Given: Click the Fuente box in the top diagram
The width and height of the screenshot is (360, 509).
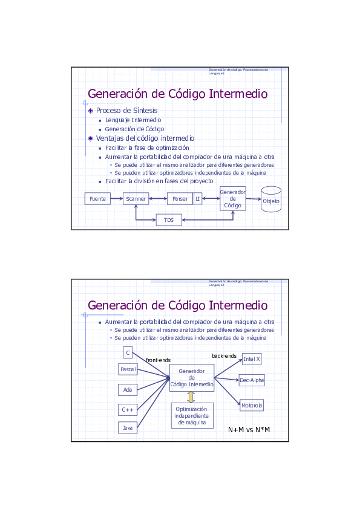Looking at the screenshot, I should [x=97, y=198].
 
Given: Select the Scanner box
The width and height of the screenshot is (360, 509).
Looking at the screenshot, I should [x=136, y=198].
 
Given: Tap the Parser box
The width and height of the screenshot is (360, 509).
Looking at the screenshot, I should [x=180, y=198].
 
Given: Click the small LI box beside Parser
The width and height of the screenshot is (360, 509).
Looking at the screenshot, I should [x=197, y=198].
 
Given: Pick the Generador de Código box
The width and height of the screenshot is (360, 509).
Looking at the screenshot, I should [x=232, y=198].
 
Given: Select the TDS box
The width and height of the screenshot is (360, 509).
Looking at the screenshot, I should [x=169, y=220].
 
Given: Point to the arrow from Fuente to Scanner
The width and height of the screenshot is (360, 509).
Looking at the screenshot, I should [x=117, y=198].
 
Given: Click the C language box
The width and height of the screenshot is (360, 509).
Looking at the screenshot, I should [x=128, y=352].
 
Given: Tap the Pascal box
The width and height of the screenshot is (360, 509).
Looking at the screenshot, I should [x=128, y=369].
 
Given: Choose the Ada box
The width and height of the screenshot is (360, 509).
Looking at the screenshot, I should [x=128, y=390].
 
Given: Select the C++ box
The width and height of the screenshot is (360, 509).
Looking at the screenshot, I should [x=128, y=410].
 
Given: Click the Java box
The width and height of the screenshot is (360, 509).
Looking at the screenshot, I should [x=128, y=428].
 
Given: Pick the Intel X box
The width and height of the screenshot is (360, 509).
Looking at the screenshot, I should [x=252, y=359].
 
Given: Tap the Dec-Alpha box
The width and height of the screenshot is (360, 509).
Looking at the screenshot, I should [x=252, y=380].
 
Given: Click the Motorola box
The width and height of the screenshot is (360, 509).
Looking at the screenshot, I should [x=252, y=405].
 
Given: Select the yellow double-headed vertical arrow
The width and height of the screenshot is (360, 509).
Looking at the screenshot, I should [x=191, y=397].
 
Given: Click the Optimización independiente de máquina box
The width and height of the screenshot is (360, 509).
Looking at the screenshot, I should [x=192, y=416].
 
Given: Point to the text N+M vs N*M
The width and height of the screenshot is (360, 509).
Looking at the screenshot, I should [x=249, y=430].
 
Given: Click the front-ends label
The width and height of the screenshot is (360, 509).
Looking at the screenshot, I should [x=158, y=360].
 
